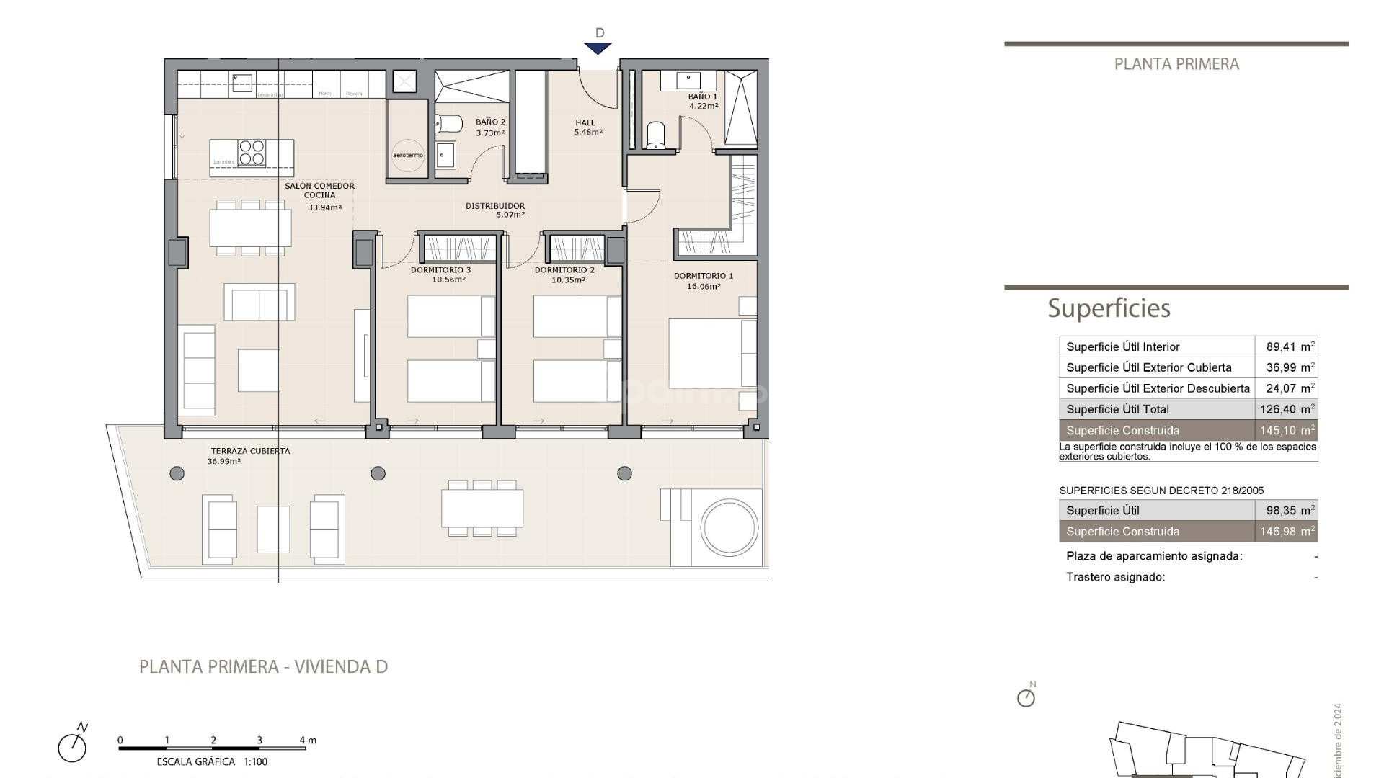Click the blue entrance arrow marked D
pos(598,48)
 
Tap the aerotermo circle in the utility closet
pos(408,155)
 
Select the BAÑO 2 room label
pos(490,122)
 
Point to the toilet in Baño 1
pos(655,135)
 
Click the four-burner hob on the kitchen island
pos(252,153)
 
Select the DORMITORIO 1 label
pos(703,276)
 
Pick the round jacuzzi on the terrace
pos(729,527)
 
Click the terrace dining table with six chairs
pos(482,508)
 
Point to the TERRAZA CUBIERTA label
pos(250,451)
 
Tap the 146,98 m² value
pos(1287,532)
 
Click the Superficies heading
pos(1109,308)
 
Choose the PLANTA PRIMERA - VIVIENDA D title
pos(263,666)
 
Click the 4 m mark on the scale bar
pos(306,741)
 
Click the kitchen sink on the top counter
pos(242,82)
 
